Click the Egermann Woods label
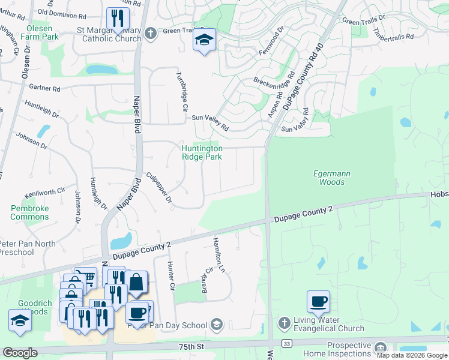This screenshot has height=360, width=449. tap(331, 178)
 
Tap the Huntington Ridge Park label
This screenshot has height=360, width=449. tap(202, 152)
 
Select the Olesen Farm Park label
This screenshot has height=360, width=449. tap(39, 32)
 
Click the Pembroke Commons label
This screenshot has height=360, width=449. tap(29, 212)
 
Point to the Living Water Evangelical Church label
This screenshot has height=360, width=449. tap(330, 324)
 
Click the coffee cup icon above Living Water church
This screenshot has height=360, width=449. tap(318, 301)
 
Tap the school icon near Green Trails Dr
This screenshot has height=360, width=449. tap(204, 41)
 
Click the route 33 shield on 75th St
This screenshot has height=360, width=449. tap(287, 343)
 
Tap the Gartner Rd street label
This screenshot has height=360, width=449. tap(44, 88)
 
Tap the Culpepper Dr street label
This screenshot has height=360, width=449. tap(160, 187)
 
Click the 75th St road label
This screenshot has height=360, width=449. tap(191, 347)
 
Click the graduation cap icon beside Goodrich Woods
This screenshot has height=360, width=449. tap(20, 320)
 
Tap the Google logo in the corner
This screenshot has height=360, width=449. tap(20, 353)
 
